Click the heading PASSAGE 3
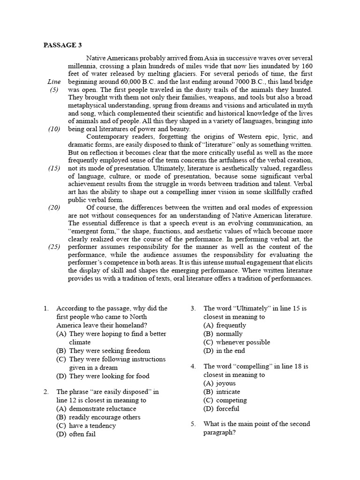[62, 45]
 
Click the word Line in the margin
[54, 82]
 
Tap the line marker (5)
[54, 90]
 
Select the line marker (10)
[54, 129]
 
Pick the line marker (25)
[54, 247]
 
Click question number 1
[46, 308]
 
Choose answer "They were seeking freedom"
[109, 351]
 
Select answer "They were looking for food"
[109, 376]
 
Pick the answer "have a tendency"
[92, 426]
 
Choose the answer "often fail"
[82, 434]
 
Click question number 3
[193, 308]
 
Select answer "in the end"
[230, 351]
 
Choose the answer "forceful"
[228, 409]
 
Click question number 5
[193, 424]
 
